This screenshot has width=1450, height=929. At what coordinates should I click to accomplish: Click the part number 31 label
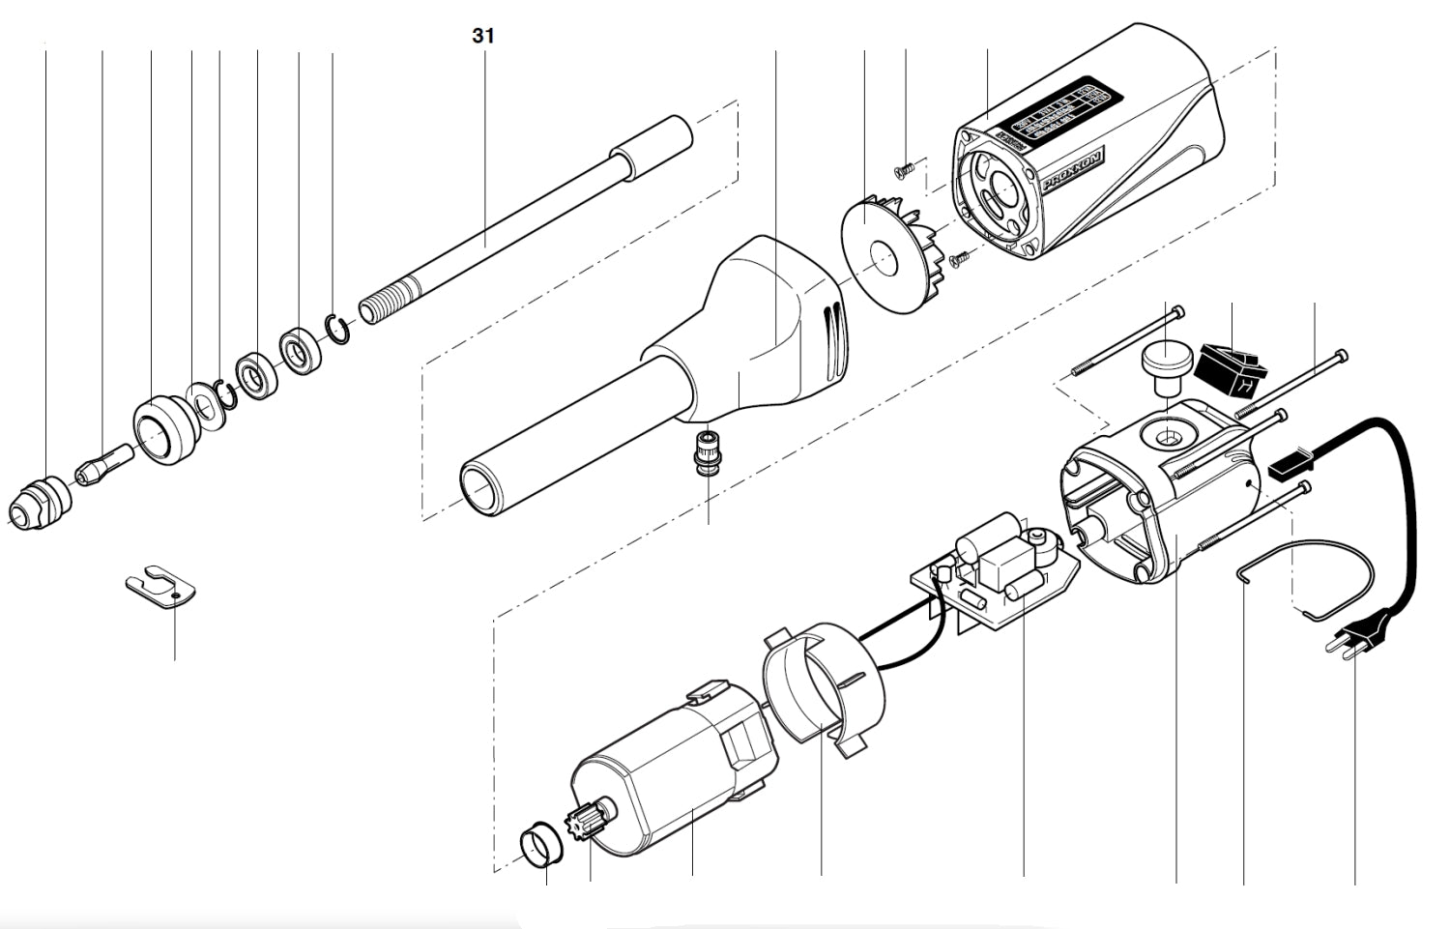point(483,37)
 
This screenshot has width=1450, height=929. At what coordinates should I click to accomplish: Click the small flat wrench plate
point(161,588)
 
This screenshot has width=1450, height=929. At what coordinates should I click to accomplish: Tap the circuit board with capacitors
point(996,575)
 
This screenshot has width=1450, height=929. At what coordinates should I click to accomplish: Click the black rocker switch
point(1228,367)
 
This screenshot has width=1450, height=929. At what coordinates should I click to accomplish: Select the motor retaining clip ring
point(822,686)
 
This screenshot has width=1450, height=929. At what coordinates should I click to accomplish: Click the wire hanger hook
point(1305,580)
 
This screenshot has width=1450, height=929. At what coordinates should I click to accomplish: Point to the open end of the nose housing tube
point(480,489)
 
